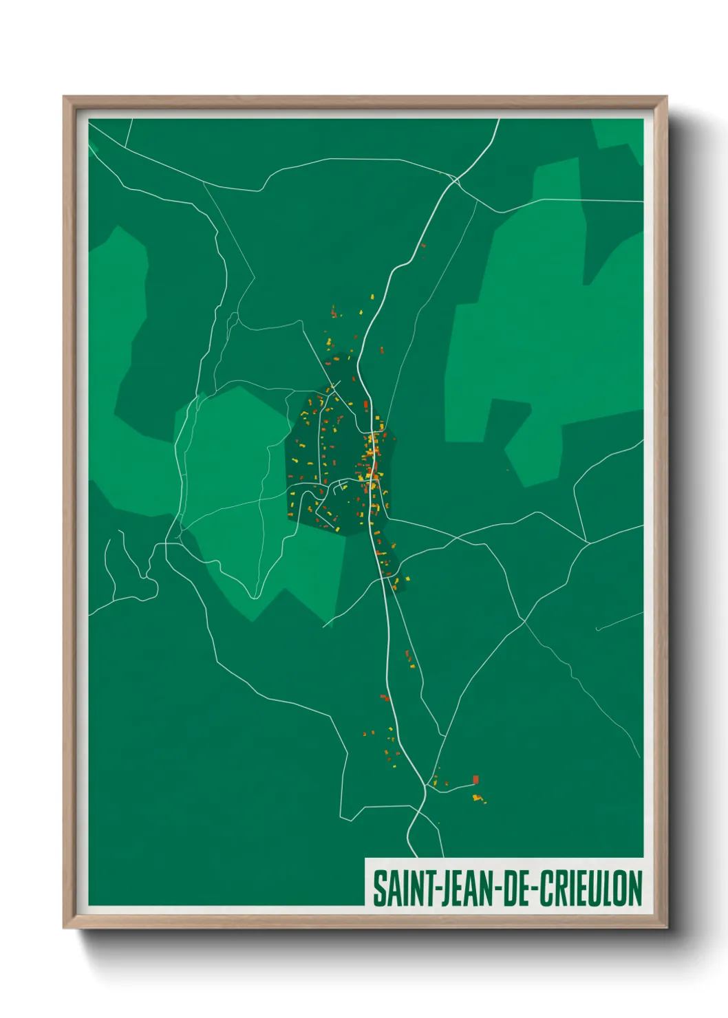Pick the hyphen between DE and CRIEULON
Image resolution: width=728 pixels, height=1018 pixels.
(x=534, y=889)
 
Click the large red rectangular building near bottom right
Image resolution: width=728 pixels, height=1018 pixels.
(x=475, y=779)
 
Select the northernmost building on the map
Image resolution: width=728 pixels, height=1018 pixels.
(x=423, y=245)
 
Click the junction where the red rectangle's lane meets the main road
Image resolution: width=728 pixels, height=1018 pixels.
(x=427, y=789)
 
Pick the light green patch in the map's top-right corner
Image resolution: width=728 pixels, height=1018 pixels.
(x=617, y=134)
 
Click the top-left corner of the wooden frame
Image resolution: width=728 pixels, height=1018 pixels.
(x=65, y=98)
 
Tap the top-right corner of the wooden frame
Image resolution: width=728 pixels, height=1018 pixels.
(x=665, y=98)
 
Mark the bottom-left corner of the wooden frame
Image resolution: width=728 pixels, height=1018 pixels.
(x=65, y=927)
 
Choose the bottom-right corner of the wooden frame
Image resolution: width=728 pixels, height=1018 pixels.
(x=665, y=927)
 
